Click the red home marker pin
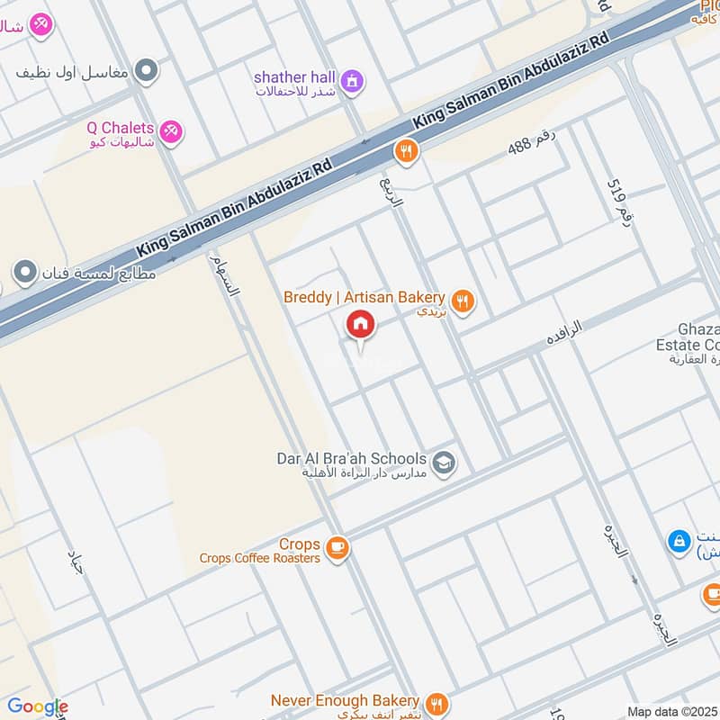(360, 324)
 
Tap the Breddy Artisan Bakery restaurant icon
(463, 302)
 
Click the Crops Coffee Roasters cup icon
(337, 547)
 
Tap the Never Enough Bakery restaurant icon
(436, 704)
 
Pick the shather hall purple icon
(354, 81)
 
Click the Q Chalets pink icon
(171, 132)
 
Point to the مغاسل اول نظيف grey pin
(147, 69)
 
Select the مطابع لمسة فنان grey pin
(25, 271)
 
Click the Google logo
(37, 707)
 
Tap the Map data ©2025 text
(672, 711)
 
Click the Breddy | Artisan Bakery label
(364, 298)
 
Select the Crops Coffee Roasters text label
(261, 552)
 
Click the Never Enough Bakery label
(345, 701)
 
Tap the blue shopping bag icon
(678, 542)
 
